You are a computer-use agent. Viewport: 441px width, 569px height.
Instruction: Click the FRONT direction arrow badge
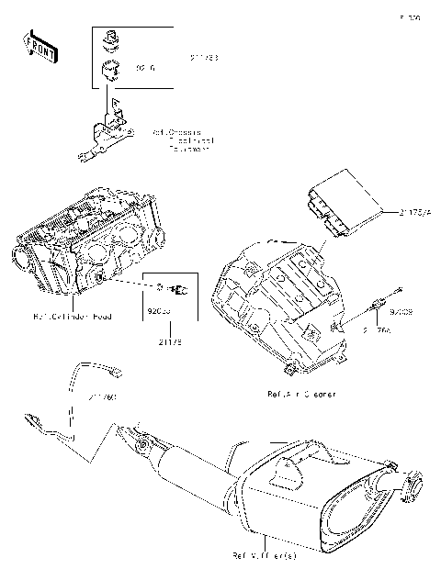(x=36, y=44)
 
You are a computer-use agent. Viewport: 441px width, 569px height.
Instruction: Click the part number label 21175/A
(x=414, y=211)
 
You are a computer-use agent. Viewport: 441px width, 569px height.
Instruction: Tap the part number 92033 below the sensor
(x=159, y=312)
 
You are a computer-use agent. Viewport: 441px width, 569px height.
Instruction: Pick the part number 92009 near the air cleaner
(x=401, y=312)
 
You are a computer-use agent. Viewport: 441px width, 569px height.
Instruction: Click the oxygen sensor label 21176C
(x=104, y=397)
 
